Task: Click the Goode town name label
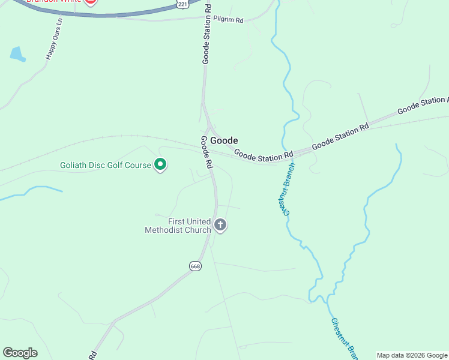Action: [224, 140]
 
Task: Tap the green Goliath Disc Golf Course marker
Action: [160, 164]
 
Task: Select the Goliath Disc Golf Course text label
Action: [106, 165]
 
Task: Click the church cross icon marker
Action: [220, 226]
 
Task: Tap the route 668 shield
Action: [195, 266]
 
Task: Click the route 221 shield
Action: [182, 4]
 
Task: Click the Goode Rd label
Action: [206, 152]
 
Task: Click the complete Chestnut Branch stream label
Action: [287, 188]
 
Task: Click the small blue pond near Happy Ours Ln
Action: [17, 55]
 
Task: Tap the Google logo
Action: [20, 353]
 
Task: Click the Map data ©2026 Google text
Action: [412, 355]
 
